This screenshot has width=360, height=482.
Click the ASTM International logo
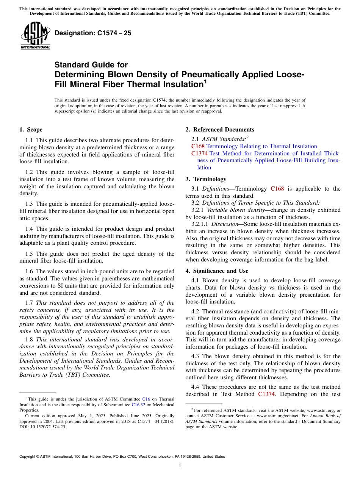coord(35,36)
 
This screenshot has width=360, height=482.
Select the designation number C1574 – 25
coord(93,33)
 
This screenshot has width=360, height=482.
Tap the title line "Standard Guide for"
coord(91,65)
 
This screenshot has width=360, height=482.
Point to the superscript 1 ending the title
coord(205,81)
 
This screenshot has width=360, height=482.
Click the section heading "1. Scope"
coord(31,130)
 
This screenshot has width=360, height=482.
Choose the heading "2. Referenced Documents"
coord(220,130)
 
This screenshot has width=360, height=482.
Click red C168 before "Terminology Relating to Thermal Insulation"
coord(198,146)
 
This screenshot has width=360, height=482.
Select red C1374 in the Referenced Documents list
coord(199,153)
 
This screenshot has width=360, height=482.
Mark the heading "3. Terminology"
coord(206,179)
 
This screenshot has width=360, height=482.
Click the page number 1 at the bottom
coord(180,465)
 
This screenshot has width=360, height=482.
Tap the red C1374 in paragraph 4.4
coord(266,394)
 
